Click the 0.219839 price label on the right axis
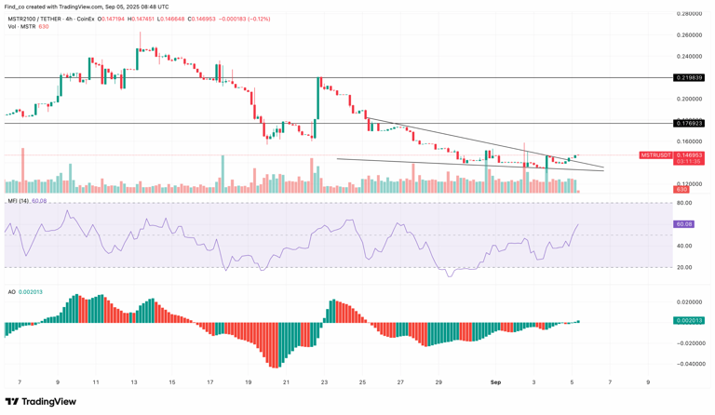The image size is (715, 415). [688, 78]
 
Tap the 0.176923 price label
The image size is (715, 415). [688, 123]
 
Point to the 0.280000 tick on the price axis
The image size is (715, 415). [689, 14]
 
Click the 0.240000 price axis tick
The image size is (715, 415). [689, 57]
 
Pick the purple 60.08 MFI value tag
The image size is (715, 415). [683, 224]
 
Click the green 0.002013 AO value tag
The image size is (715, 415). [688, 320]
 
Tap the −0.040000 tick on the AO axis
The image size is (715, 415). [688, 364]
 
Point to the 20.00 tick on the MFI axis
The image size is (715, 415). [683, 267]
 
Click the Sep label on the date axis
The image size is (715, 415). [495, 382]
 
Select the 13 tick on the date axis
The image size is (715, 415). [133, 382]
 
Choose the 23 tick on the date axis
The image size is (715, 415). [324, 382]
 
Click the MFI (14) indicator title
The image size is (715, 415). [19, 201]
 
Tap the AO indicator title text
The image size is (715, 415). [11, 291]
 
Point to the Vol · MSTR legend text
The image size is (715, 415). [21, 27]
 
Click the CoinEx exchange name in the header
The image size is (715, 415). [86, 19]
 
